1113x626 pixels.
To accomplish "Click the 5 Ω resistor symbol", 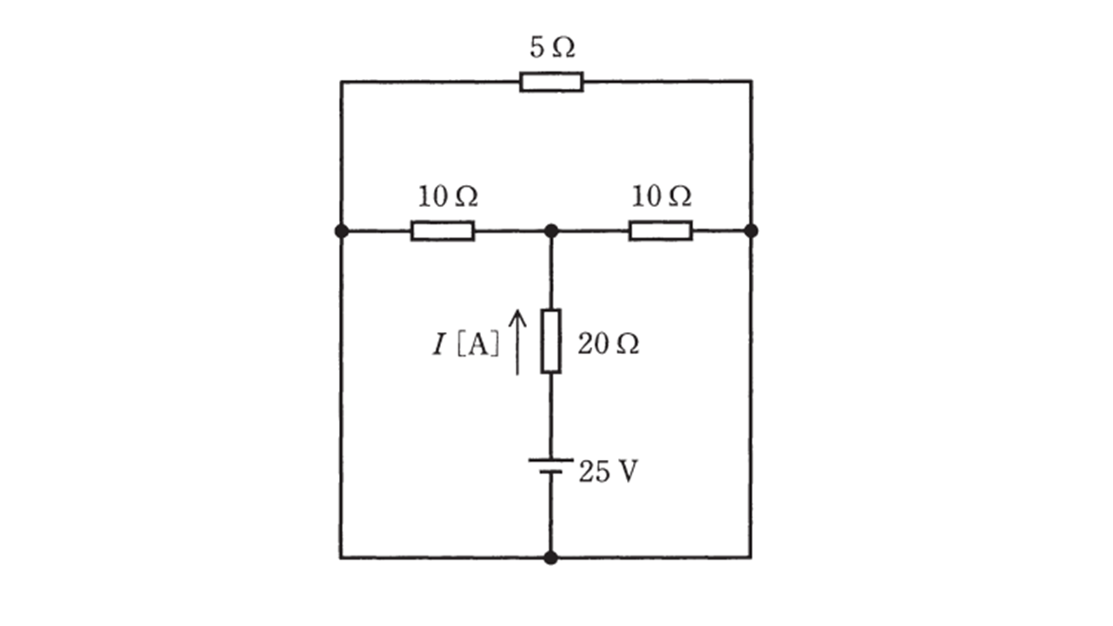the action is click(x=551, y=82).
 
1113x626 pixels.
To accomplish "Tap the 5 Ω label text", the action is click(x=552, y=48).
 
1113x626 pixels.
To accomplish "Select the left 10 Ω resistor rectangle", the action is click(x=443, y=231).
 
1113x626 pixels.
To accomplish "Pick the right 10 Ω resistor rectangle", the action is click(x=660, y=231).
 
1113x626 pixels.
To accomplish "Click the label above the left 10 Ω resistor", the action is click(x=448, y=196).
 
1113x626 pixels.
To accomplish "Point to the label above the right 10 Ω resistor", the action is click(x=661, y=196).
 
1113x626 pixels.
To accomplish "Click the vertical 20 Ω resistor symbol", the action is click(x=551, y=341).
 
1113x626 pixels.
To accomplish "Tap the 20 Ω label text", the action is click(x=608, y=343).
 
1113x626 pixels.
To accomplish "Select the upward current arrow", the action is click(x=517, y=342).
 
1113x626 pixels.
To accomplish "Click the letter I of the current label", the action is click(x=439, y=345).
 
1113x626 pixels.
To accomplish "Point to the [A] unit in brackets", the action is click(x=477, y=345).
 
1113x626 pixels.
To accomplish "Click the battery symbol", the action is click(x=550, y=466).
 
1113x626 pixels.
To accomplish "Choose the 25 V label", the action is click(x=608, y=471).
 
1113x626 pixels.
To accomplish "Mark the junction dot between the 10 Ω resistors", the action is click(x=551, y=231).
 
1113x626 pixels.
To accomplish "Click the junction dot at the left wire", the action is click(x=342, y=231).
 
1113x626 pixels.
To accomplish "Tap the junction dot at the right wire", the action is click(x=751, y=231).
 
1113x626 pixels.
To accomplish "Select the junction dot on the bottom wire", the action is click(x=550, y=558).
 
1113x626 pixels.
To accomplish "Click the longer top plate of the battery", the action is click(x=550, y=461).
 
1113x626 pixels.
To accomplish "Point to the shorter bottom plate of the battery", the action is click(x=550, y=472).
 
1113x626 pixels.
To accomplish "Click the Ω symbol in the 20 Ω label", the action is click(x=627, y=344).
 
